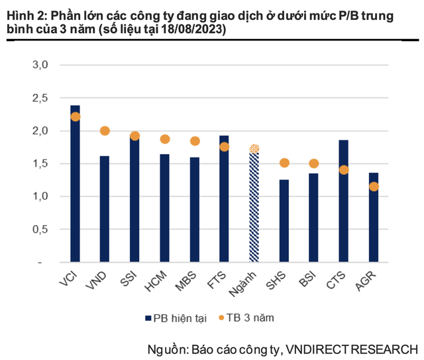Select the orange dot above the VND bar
[x=105, y=131]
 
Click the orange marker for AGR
[x=374, y=187]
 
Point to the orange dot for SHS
[x=284, y=163]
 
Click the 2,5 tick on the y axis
[x=40, y=98]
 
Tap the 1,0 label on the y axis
[x=40, y=197]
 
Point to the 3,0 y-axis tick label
[x=40, y=65]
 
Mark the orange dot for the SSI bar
[x=134, y=136]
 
